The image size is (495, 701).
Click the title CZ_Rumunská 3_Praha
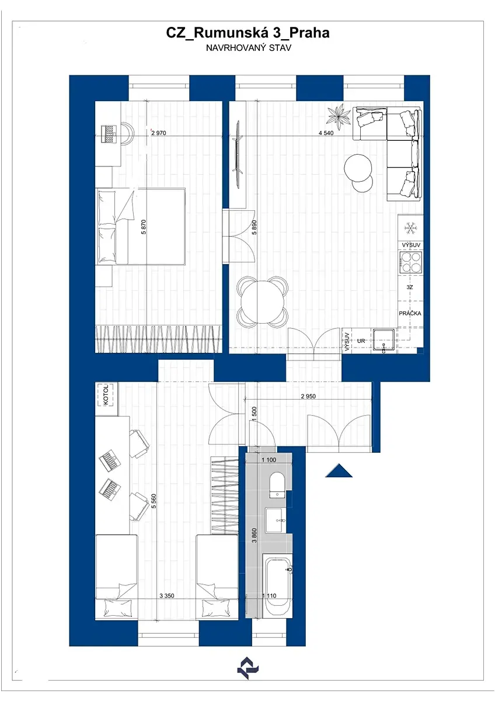tap(247, 33)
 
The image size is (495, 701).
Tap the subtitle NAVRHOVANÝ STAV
tap(249, 48)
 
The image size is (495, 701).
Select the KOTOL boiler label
tap(106, 395)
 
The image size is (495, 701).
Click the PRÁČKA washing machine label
tap(410, 313)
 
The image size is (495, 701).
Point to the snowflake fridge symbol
tap(410, 228)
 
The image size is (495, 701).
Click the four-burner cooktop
tap(411, 262)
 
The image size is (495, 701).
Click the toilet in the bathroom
tap(277, 485)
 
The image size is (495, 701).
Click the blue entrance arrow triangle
tap(339, 471)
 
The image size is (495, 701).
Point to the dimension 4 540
tap(326, 133)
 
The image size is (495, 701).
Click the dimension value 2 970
tap(159, 133)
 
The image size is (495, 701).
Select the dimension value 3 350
tap(167, 596)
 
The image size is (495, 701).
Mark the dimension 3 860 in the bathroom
tap(255, 536)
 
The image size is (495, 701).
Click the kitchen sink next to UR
tap(385, 341)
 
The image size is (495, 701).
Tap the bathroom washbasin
tap(276, 520)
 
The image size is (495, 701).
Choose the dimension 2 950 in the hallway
tap(308, 396)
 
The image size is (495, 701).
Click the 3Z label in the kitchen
tap(410, 287)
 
